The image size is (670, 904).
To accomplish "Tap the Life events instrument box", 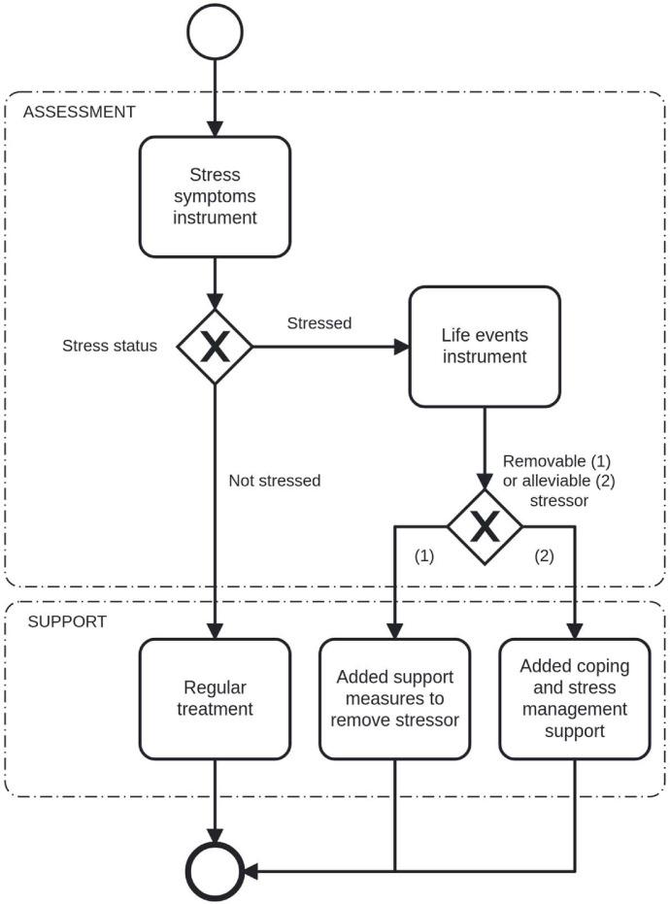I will pos(485,346).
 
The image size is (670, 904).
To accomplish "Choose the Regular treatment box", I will pos(215,698).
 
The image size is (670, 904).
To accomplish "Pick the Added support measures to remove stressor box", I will pos(394,698).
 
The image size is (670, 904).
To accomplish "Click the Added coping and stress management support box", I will pos(574,698).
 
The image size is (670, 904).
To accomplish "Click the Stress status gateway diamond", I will pos(215,347).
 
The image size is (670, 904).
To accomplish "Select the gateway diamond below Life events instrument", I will pos(485,526).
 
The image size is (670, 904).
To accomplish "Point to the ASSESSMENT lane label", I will pos(79,112).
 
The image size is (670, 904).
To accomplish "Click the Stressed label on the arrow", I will pos(318,322).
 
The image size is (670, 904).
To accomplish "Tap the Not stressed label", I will pos(275,481).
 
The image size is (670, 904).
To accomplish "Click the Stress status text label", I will pos(110,346).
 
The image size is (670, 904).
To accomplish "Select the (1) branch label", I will pos(425,556).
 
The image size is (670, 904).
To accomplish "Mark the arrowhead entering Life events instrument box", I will pos(401,347).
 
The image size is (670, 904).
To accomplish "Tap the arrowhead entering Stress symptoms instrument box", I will pos(215,130).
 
